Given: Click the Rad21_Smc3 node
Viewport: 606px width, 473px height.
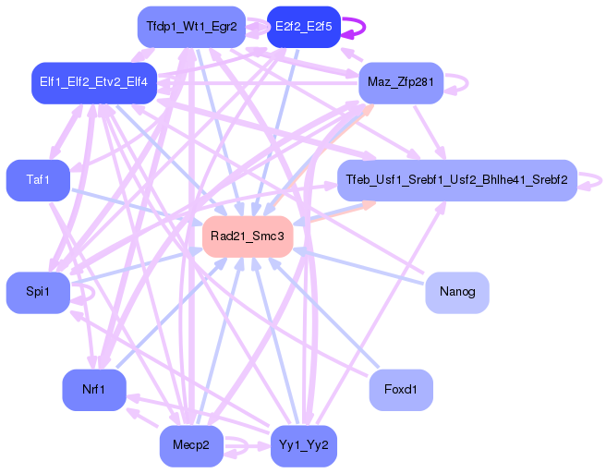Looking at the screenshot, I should click(x=248, y=236).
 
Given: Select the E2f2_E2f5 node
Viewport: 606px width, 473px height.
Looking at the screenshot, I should click(x=303, y=27).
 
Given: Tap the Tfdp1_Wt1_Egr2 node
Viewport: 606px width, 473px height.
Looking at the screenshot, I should click(x=191, y=27).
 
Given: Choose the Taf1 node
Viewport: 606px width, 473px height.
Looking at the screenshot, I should click(x=38, y=179).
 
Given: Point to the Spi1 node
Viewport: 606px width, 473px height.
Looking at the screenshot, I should click(x=38, y=292).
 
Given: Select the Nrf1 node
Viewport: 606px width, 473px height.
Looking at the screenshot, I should click(x=93, y=390).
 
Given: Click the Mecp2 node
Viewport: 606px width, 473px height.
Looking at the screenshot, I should click(x=191, y=446).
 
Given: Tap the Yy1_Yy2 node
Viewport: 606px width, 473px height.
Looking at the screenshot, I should click(x=303, y=446).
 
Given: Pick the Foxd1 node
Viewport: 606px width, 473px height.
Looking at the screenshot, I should click(x=401, y=390).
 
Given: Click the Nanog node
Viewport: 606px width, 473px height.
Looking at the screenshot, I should click(x=456, y=292).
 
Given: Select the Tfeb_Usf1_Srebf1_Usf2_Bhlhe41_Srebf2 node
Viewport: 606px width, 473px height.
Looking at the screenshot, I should click(x=456, y=179).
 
